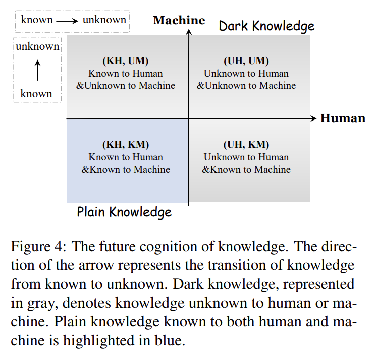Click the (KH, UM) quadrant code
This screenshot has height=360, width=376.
(x=126, y=61)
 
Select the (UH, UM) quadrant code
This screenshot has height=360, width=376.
(x=246, y=61)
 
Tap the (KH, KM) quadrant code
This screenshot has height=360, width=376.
(x=126, y=145)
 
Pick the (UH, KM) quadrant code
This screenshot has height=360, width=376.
(x=246, y=145)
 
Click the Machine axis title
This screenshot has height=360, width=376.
(x=179, y=20)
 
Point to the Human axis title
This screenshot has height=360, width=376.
(x=343, y=118)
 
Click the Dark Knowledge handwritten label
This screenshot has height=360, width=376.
(x=266, y=26)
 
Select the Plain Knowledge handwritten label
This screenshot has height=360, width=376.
(x=124, y=212)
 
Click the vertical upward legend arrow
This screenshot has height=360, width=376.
(x=37, y=70)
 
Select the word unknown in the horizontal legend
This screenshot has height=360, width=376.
(x=104, y=20)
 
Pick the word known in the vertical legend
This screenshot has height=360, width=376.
(x=36, y=94)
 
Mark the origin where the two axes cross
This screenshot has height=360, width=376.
(x=188, y=118)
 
